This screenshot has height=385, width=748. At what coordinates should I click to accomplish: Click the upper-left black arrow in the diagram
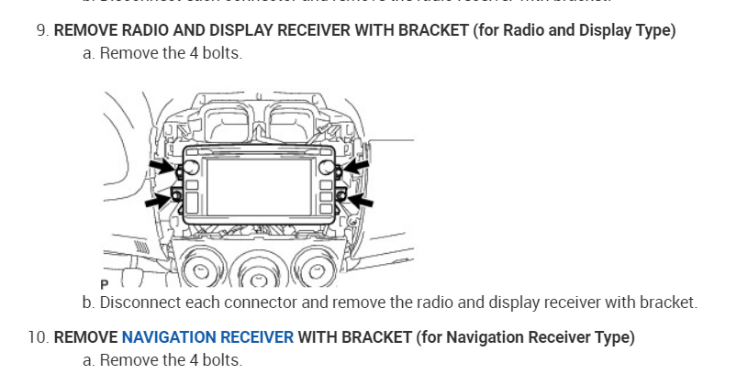pos(162,166)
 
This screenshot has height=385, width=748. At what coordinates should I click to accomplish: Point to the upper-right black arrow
pos(356,166)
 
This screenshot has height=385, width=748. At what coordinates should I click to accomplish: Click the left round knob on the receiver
pos(193,168)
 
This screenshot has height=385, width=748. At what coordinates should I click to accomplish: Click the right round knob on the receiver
pos(327,167)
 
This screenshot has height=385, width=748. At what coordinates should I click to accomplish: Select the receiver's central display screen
pos(259,182)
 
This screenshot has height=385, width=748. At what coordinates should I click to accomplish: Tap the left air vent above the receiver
pos(225,123)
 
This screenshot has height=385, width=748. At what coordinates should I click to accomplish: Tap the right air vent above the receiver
pos(292,123)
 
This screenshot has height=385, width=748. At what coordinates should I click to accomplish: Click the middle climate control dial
pos(258,271)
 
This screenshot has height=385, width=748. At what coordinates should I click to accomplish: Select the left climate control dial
pos(200,271)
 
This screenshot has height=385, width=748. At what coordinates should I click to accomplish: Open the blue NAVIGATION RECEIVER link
pos(207,337)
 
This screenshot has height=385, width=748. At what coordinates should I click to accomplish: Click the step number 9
pos(41,30)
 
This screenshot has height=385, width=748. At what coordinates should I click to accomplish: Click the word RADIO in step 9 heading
pos(138,30)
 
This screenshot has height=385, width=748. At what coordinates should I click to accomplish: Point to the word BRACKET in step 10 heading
pos(378,337)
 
